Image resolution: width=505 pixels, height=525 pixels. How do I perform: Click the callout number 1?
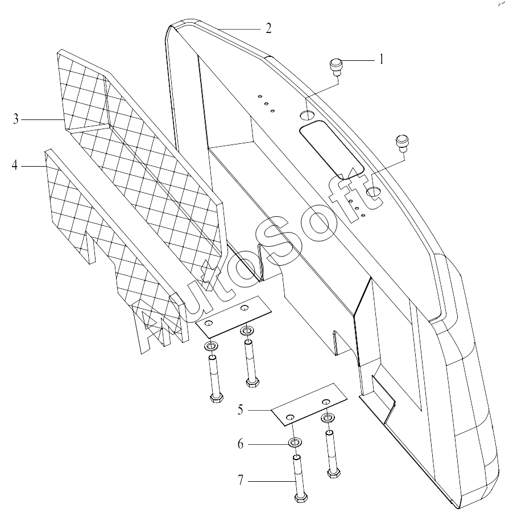tap(382, 59)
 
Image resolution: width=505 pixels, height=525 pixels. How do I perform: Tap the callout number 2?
tap(268, 28)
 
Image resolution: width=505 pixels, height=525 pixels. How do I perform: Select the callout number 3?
tap(16, 119)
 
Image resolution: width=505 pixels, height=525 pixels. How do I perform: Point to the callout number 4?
tap(15, 166)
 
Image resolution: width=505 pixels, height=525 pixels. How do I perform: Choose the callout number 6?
tap(241, 444)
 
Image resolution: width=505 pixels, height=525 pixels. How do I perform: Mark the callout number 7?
tap(241, 481)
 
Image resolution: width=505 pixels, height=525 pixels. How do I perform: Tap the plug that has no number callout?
tap(403, 140)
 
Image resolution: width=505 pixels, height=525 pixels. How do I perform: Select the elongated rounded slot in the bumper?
tap(332, 150)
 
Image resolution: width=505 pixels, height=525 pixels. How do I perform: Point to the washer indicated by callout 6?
tap(295, 443)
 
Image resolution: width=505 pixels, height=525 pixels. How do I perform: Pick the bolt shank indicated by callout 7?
tap(297, 474)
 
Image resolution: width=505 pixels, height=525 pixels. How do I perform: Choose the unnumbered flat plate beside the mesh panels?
tap(233, 316)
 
